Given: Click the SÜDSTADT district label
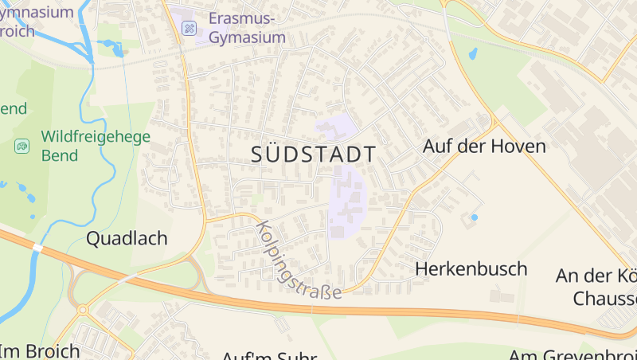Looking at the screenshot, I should (x=314, y=154).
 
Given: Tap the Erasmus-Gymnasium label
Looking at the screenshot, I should (x=247, y=28).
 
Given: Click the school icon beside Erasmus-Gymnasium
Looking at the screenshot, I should (x=190, y=29).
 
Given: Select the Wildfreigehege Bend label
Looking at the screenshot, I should (x=96, y=144).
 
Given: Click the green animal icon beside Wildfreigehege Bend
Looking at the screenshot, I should (x=21, y=145).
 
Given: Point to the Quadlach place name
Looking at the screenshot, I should (x=127, y=238).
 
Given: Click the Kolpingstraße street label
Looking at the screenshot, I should (x=299, y=260).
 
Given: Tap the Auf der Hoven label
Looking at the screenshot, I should (x=484, y=147).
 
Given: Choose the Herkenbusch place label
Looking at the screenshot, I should (x=471, y=269).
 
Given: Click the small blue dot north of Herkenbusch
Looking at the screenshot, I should (x=475, y=217).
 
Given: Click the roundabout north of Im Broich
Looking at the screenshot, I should (x=82, y=309).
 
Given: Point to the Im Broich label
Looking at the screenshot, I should (x=40, y=350).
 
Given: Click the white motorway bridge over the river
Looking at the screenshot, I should (x=37, y=248).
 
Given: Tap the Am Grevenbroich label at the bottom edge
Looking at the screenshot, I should (x=573, y=354).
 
